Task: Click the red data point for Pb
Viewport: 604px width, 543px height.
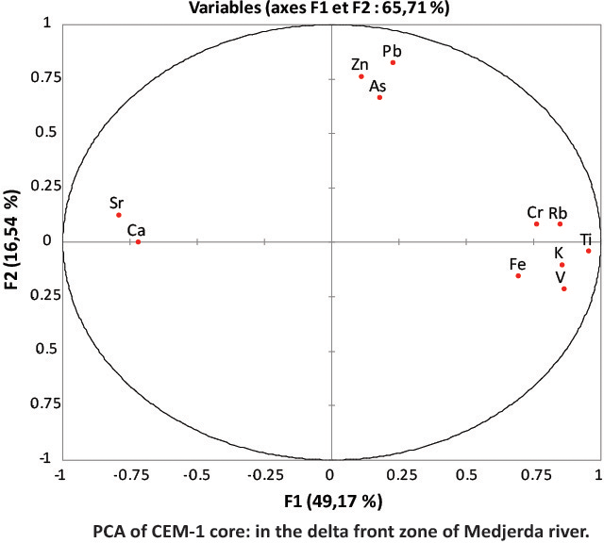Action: click(394, 62)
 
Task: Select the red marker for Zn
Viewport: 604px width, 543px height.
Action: click(361, 76)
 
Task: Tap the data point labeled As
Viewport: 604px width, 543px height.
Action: click(379, 97)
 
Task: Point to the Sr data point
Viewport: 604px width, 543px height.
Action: click(119, 215)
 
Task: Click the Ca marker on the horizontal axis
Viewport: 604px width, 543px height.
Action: click(138, 241)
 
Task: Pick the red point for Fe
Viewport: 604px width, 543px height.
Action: click(518, 275)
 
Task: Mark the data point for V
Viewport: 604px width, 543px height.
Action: click(564, 288)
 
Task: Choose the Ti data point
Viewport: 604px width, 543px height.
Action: click(589, 251)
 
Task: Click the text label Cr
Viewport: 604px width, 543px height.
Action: click(535, 213)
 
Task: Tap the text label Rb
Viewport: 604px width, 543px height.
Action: click(558, 213)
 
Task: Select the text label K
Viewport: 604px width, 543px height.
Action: click(559, 253)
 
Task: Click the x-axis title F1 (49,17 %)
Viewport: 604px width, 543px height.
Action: click(330, 499)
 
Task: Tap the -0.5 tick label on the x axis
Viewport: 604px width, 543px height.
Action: click(195, 474)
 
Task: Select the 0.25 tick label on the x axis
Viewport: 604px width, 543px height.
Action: click(397, 474)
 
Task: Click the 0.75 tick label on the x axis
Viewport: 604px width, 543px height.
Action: click(531, 474)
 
